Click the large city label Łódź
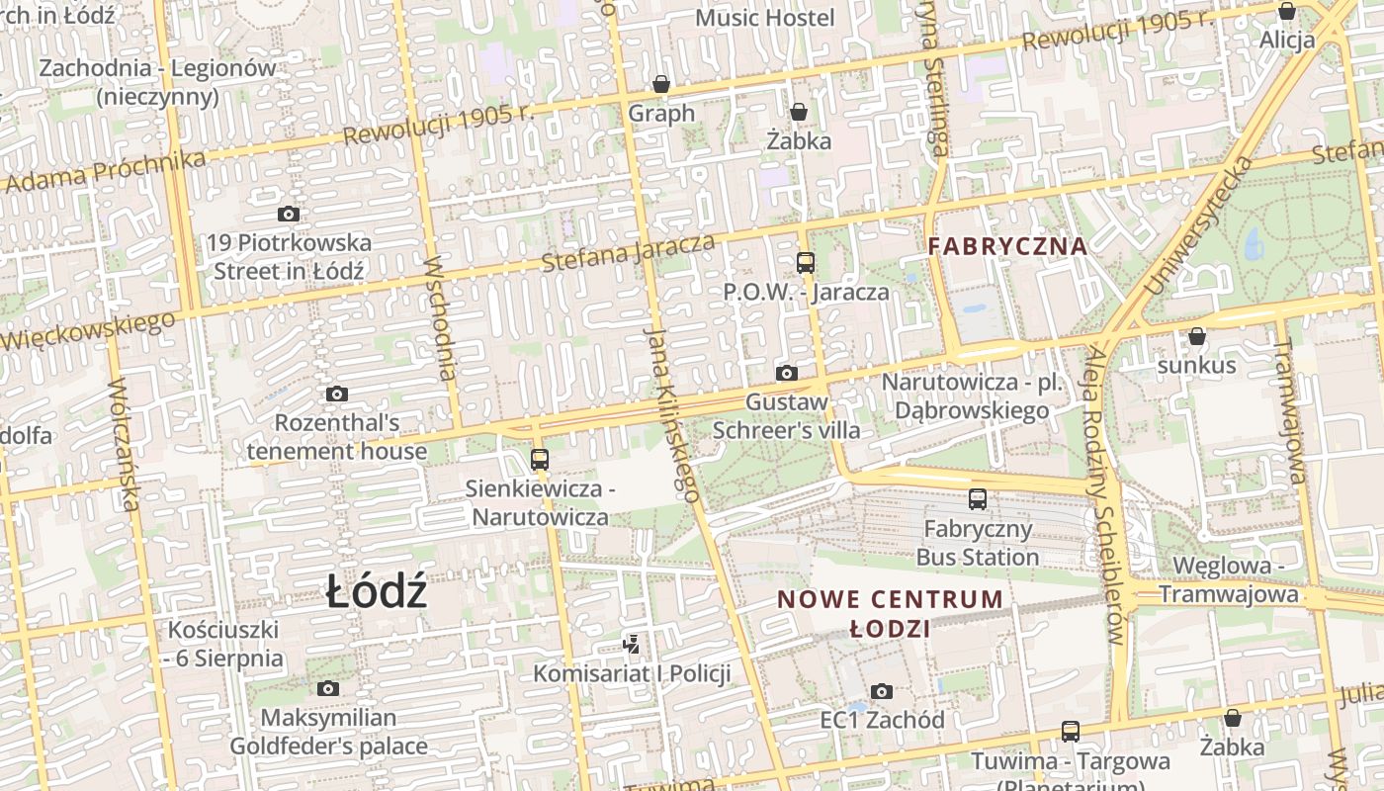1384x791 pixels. pyautogui.click(x=377, y=592)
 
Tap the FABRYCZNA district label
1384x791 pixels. pyautogui.click(x=1007, y=246)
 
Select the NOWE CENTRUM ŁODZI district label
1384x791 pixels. pyautogui.click(x=890, y=613)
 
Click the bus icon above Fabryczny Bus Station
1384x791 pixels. pyautogui.click(x=978, y=499)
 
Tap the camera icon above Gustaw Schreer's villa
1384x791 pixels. pyautogui.click(x=787, y=373)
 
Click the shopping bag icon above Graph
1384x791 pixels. pyautogui.click(x=661, y=84)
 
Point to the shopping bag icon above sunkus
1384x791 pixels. pyautogui.click(x=1197, y=336)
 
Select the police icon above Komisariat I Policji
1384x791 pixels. pyautogui.click(x=631, y=645)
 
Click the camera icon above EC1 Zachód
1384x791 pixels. pyautogui.click(x=882, y=691)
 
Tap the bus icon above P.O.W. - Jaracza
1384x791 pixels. pyautogui.click(x=806, y=262)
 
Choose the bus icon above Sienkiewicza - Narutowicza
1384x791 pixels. pyautogui.click(x=539, y=459)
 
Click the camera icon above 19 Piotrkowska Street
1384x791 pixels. pyautogui.click(x=289, y=214)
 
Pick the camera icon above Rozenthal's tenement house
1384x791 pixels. pyautogui.click(x=337, y=394)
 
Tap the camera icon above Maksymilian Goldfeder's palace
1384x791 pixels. pyautogui.click(x=328, y=688)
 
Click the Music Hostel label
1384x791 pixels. pyautogui.click(x=765, y=18)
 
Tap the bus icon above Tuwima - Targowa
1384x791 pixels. pyautogui.click(x=1071, y=732)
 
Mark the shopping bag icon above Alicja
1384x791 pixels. pyautogui.click(x=1287, y=12)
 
